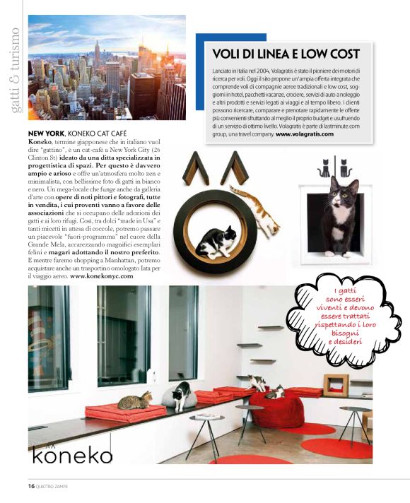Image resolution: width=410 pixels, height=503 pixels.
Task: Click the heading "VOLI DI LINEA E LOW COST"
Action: pyautogui.click(x=286, y=54)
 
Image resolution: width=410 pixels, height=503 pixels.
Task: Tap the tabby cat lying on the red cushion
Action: pyautogui.click(x=135, y=402)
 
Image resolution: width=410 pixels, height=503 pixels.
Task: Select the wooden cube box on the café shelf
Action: pyautogui.click(x=336, y=385)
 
